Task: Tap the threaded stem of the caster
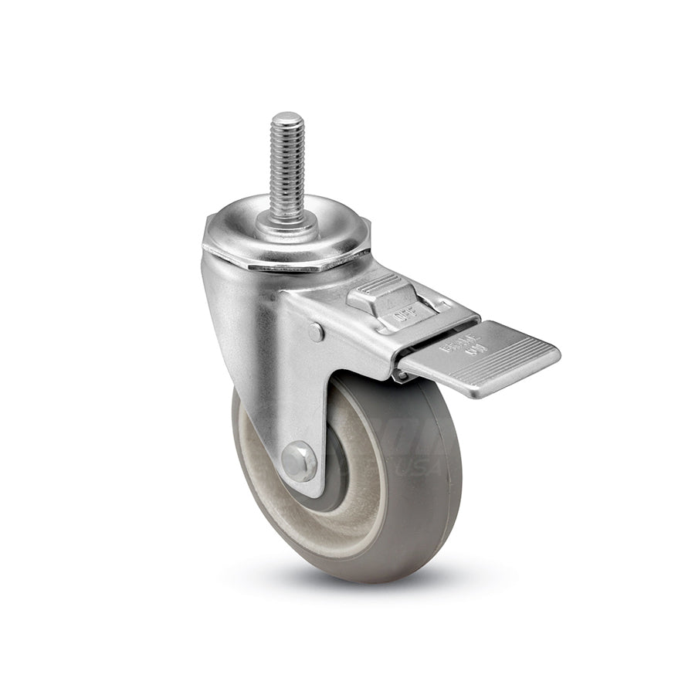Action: [287, 166]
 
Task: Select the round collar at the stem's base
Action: [287, 222]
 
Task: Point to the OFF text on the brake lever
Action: [401, 315]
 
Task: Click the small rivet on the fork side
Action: [316, 331]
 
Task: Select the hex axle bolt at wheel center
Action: [299, 461]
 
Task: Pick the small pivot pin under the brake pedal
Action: [401, 375]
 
